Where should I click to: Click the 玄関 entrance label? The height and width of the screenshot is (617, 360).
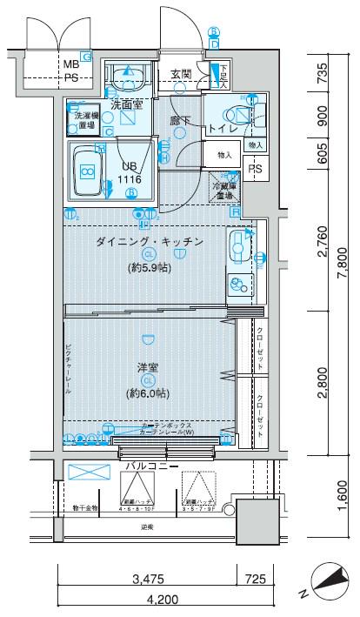tap(181, 73)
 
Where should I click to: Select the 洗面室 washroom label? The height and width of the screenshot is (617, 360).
tap(127, 104)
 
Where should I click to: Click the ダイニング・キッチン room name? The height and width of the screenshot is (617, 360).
tap(149, 240)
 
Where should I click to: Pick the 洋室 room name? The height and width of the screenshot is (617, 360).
tap(148, 366)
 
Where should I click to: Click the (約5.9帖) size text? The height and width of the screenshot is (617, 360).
tap(149, 267)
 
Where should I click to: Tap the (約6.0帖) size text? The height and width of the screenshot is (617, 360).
tap(148, 393)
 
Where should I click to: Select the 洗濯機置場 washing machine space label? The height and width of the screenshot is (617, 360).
tap(85, 119)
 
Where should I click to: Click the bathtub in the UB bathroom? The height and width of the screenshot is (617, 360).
tap(88, 171)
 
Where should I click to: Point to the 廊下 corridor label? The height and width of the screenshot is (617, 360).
tap(180, 122)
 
